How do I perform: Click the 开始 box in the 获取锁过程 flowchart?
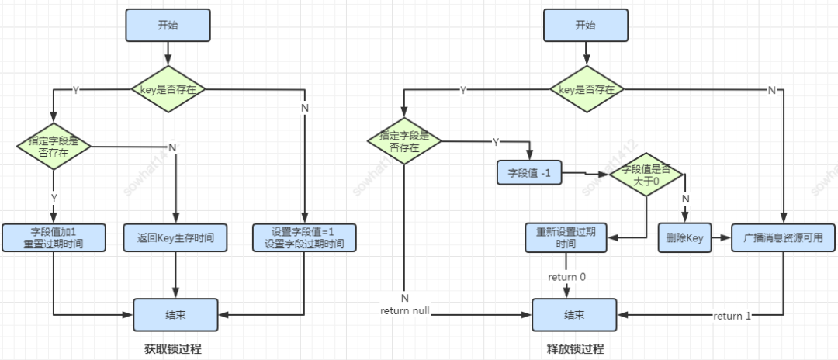167,26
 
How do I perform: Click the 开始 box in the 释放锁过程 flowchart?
585,26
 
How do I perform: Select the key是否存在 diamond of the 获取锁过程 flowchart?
168,90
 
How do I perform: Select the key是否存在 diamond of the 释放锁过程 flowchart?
587,90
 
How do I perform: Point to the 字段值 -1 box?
529,172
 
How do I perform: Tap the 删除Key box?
685,238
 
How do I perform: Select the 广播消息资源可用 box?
784,238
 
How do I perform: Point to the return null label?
405,310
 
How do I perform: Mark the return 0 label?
567,277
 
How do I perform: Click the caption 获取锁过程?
172,349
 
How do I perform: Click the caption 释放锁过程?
575,349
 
